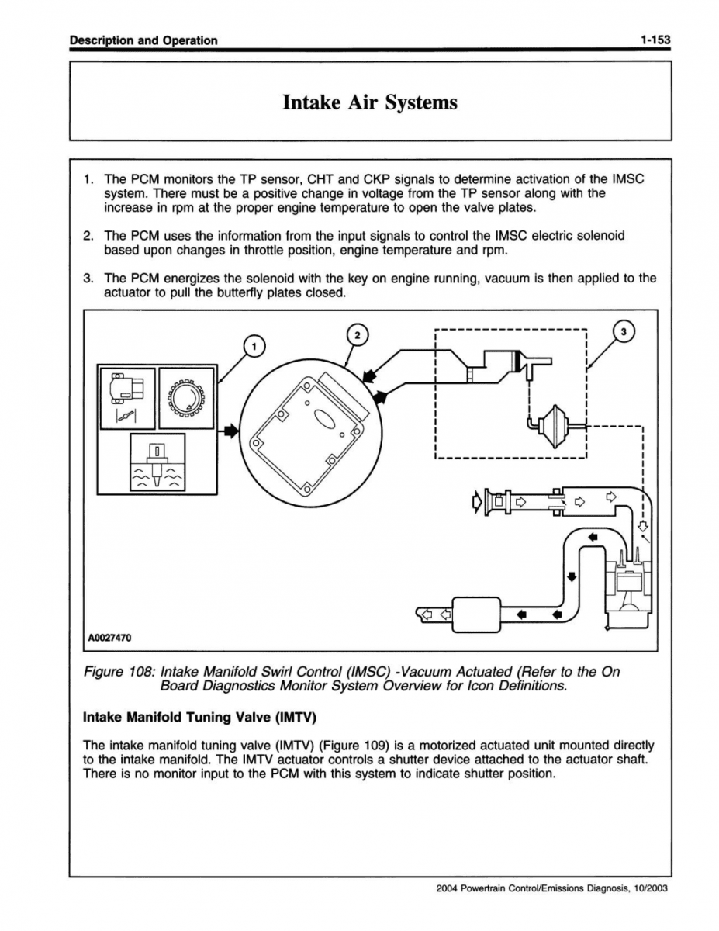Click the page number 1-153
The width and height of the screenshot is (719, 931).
click(x=655, y=40)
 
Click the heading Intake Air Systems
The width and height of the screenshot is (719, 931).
click(x=369, y=102)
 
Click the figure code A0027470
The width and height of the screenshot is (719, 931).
click(x=109, y=638)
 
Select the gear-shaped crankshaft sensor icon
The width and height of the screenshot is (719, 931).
click(x=186, y=397)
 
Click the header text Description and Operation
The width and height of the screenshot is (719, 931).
click(x=143, y=40)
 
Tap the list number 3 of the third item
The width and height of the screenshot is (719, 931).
click(x=88, y=278)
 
